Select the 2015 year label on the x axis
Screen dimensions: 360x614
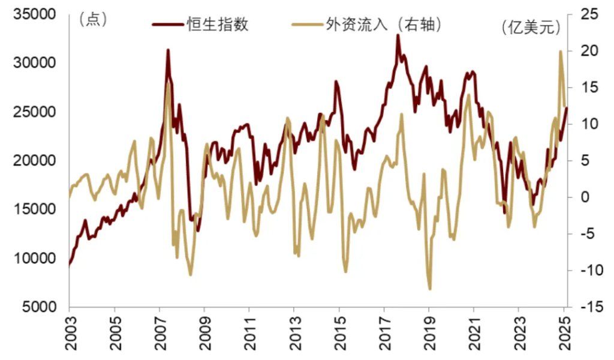pyautogui.click(x=339, y=334)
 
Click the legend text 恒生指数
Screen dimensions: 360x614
pyautogui.click(x=218, y=25)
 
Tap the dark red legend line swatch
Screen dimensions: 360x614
pyautogui.click(x=168, y=25)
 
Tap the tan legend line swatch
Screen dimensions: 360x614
pyautogui.click(x=306, y=25)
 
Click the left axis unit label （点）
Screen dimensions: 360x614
pyautogui.click(x=93, y=19)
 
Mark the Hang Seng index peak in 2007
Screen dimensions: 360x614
pyautogui.click(x=168, y=50)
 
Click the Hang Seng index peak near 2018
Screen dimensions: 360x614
pyautogui.click(x=398, y=35)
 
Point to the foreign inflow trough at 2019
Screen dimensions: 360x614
pyautogui.click(x=430, y=289)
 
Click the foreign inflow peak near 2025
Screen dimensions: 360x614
pyautogui.click(x=561, y=52)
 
